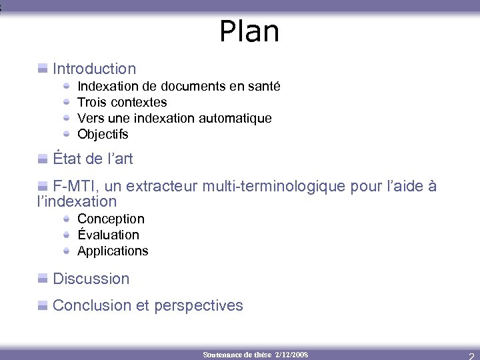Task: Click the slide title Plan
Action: tap(249, 31)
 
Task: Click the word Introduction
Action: tap(94, 69)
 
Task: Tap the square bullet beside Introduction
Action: tap(43, 68)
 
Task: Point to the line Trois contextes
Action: tap(122, 102)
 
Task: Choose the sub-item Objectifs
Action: tap(103, 134)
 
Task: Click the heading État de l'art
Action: tap(93, 159)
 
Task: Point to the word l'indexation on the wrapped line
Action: tap(77, 201)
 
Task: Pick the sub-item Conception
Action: tap(111, 219)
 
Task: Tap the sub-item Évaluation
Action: tap(108, 235)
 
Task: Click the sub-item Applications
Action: tap(113, 251)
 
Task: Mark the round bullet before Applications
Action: tap(67, 251)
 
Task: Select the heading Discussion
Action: tap(91, 279)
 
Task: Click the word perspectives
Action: tap(199, 305)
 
